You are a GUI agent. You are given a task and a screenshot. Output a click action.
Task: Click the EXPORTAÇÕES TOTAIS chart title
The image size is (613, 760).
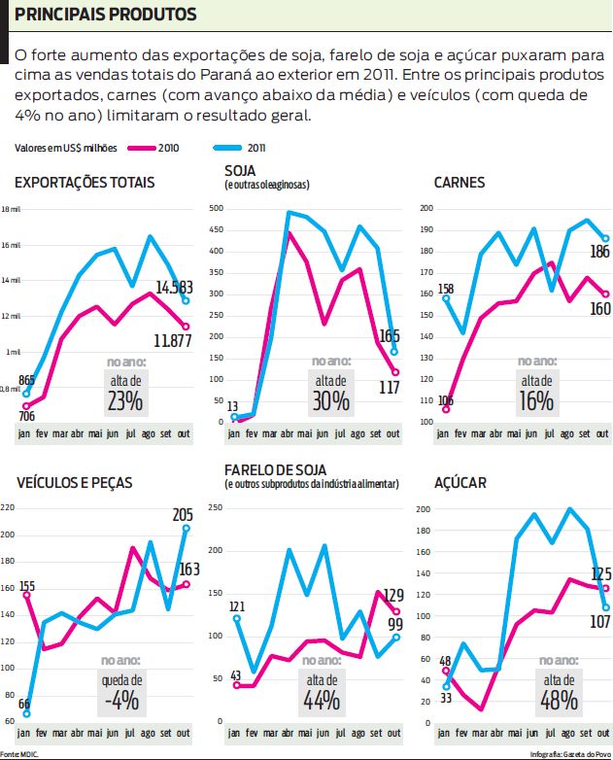pyautogui.click(x=85, y=182)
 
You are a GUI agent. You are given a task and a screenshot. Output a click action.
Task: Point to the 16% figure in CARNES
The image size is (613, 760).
pyautogui.click(x=536, y=400)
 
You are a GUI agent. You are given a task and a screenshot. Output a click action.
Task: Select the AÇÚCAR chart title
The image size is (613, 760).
pyautogui.click(x=460, y=482)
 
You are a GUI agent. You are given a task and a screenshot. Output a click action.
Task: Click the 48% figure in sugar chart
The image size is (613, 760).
pyautogui.click(x=559, y=700)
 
